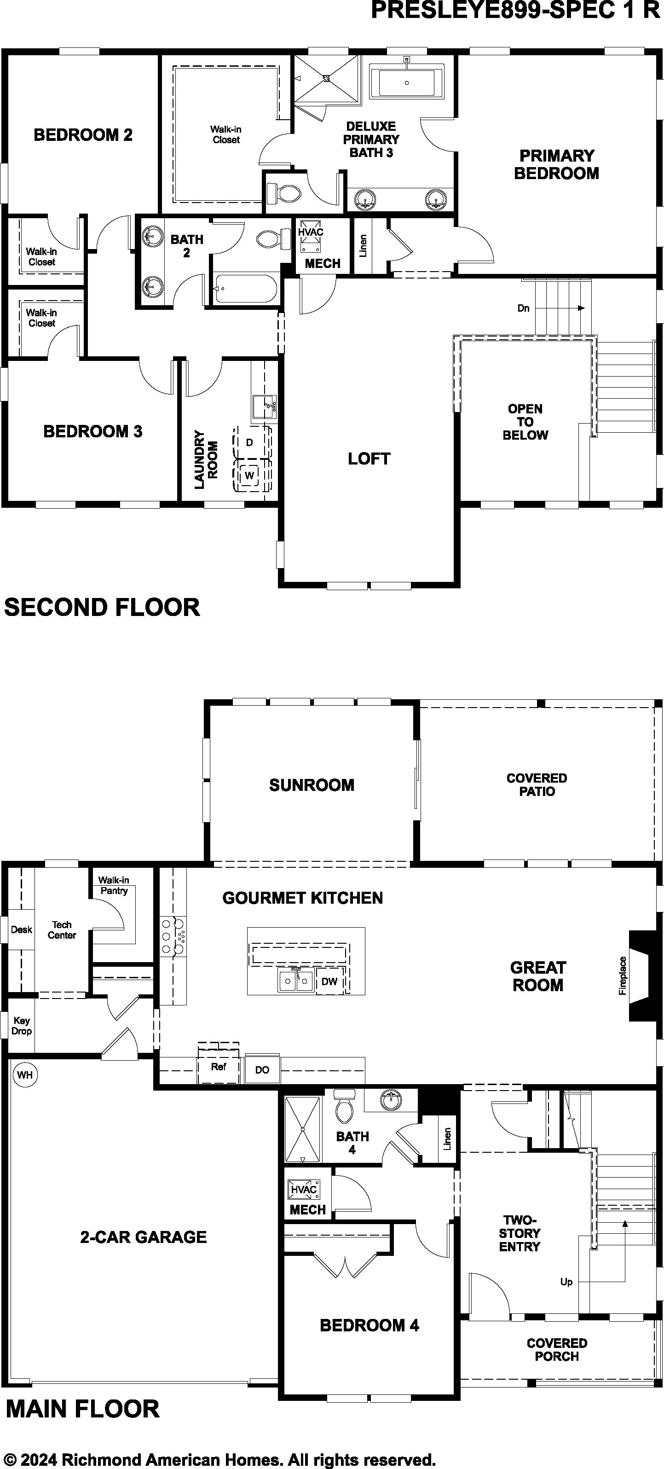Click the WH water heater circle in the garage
pyautogui.click(x=24, y=1075)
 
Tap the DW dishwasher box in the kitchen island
pyautogui.click(x=329, y=981)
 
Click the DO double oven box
pyautogui.click(x=262, y=1070)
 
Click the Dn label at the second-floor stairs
pyautogui.click(x=523, y=308)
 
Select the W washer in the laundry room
pyautogui.click(x=249, y=475)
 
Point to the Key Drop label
pyautogui.click(x=22, y=1026)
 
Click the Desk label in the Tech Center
pyautogui.click(x=22, y=930)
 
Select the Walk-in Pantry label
pyautogui.click(x=113, y=886)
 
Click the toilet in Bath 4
pyautogui.click(x=344, y=1107)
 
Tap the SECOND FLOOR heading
pyautogui.click(x=102, y=607)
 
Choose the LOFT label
pyautogui.click(x=369, y=459)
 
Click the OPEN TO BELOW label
pyautogui.click(x=525, y=422)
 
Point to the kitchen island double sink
pyautogui.click(x=296, y=981)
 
